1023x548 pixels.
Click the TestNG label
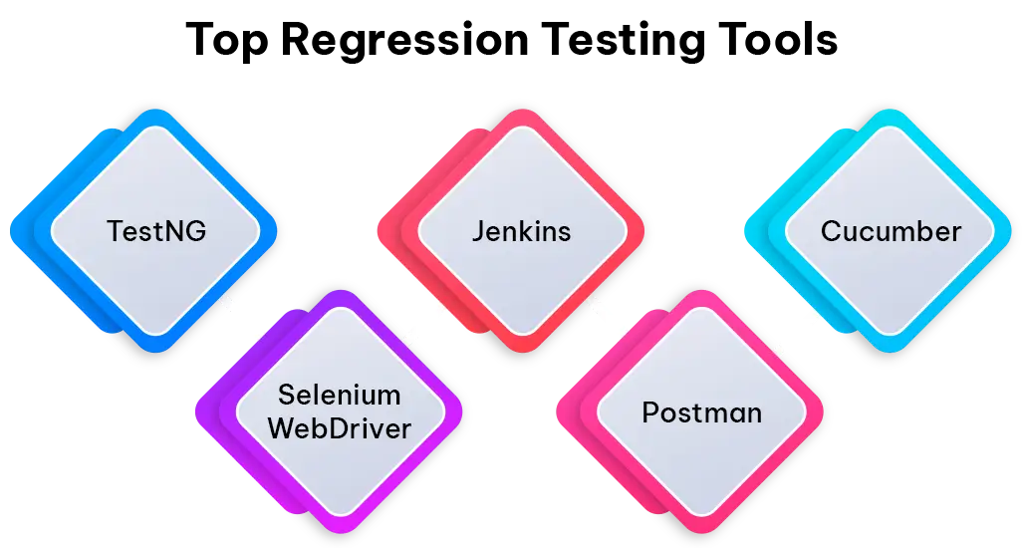point(156,231)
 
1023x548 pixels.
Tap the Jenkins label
point(521,231)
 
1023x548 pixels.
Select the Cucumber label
point(891,231)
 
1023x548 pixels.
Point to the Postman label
point(702,411)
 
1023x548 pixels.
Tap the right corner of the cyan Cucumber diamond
point(1010,232)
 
